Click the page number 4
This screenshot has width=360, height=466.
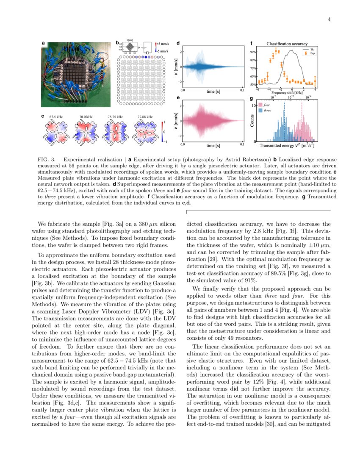click(328, 19)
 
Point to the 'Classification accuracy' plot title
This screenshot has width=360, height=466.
click(287, 43)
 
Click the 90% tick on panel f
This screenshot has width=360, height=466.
click(253, 52)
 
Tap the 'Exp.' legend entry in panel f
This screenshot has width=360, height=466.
click(313, 54)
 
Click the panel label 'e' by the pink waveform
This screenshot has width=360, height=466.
click(178, 98)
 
